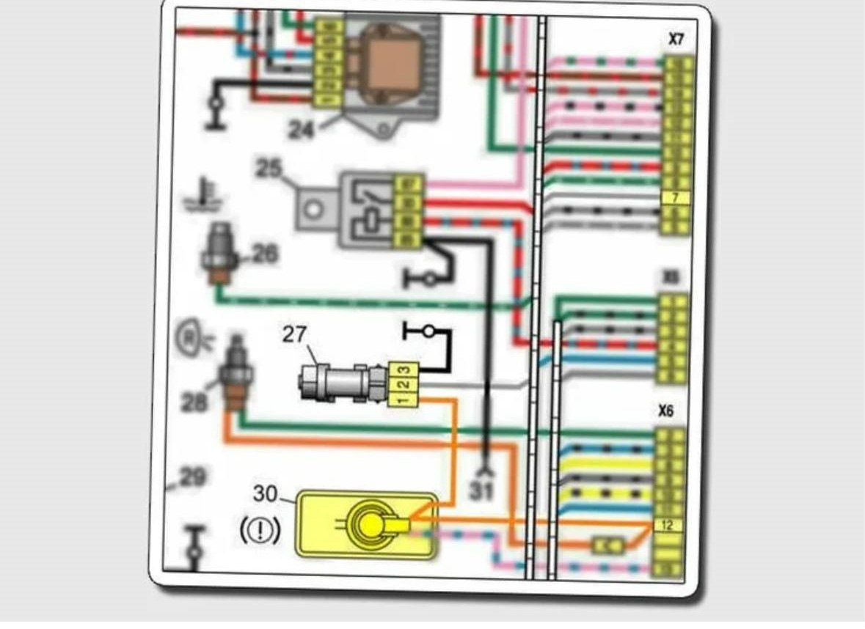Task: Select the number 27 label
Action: coord(294,334)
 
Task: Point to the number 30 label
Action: coord(266,494)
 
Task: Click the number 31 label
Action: coord(481,490)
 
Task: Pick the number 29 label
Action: coord(192,478)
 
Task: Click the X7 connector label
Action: coord(676,40)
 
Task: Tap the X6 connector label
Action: coord(665,411)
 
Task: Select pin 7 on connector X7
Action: coord(676,197)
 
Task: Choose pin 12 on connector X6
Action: coord(668,525)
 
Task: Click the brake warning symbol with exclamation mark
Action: coord(260,530)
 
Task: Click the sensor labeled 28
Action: coord(235,374)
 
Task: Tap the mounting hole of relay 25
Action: coord(315,209)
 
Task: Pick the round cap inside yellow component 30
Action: coord(370,523)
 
